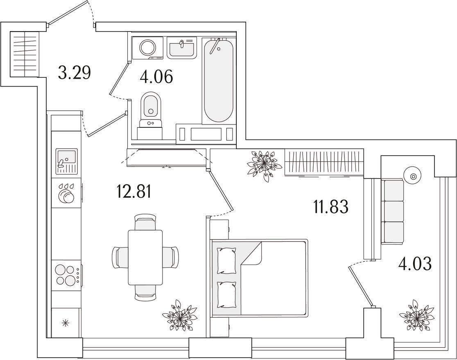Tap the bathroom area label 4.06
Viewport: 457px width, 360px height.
point(156,77)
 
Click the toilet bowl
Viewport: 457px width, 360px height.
point(151,109)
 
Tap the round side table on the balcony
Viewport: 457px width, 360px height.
point(413,176)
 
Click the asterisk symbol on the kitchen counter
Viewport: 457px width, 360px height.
point(66,323)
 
